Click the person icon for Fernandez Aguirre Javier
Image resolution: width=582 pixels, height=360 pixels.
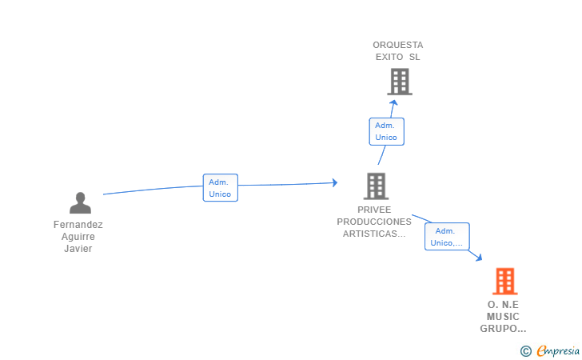[x=80, y=203]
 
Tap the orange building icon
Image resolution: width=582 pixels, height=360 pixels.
[x=505, y=282]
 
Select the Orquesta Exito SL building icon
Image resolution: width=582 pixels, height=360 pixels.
[x=400, y=82]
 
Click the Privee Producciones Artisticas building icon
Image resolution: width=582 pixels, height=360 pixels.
[x=376, y=186]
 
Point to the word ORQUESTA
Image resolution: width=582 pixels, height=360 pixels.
[x=398, y=45]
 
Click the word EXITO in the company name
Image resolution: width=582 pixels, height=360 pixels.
[x=389, y=57]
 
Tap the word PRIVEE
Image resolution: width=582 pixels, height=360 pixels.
[x=374, y=210]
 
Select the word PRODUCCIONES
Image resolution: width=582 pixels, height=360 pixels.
[x=374, y=222]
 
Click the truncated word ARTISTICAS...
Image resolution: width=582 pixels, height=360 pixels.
[x=374, y=234]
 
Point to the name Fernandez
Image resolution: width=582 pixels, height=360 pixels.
[x=78, y=224]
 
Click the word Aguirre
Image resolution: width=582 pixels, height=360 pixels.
[x=78, y=237]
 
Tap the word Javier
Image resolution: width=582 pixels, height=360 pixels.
[x=78, y=249]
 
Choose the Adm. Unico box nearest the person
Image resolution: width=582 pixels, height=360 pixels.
[x=221, y=188]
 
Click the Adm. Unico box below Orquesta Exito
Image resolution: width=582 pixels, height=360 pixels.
[x=386, y=131]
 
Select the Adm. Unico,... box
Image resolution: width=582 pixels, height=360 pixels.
[x=447, y=236]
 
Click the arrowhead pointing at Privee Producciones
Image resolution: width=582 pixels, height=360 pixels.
[x=335, y=182]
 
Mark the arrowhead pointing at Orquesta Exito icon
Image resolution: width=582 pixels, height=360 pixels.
[x=393, y=102]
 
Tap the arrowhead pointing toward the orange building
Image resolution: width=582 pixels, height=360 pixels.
[x=479, y=257]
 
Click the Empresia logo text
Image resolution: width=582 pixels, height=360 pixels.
[x=558, y=350]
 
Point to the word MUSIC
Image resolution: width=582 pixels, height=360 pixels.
[x=503, y=317]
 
